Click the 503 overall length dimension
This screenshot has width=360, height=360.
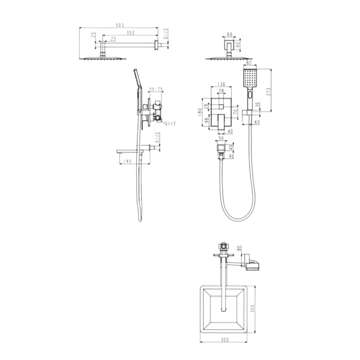click(119, 26)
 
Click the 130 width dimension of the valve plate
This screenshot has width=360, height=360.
click(221, 84)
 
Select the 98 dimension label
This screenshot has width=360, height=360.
click(206, 121)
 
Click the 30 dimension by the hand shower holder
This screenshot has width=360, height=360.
click(257, 104)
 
